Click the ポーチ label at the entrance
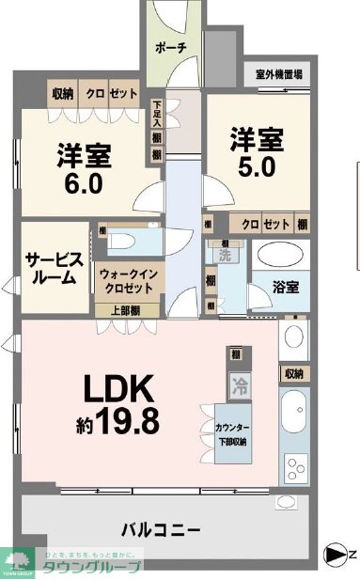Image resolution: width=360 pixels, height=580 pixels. tap(169, 48)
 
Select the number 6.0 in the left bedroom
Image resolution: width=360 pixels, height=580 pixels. tap(82, 182)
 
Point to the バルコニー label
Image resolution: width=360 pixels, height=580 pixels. tap(160, 529)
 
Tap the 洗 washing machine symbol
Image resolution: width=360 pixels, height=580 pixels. tap(225, 254)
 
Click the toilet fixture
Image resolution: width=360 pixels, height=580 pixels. tap(121, 240)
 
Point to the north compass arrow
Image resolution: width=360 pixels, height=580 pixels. tap(335, 556)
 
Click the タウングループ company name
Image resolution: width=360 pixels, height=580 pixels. tap(92, 566)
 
